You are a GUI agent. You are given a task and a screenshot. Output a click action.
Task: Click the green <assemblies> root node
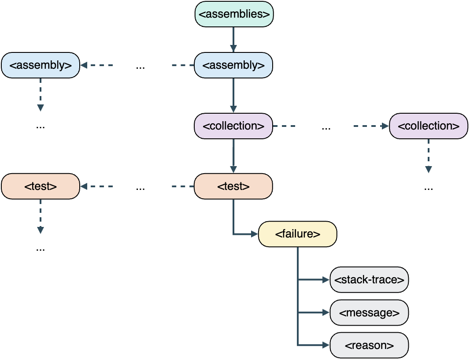click(234, 14)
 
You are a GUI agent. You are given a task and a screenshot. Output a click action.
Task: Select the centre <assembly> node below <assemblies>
click(233, 65)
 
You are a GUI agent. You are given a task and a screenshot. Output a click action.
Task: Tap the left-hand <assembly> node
click(40, 65)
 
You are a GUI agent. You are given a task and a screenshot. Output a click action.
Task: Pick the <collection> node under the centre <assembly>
click(233, 126)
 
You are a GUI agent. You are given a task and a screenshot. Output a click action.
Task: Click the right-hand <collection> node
click(428, 126)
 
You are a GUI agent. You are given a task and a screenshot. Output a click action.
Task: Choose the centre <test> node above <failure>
click(233, 186)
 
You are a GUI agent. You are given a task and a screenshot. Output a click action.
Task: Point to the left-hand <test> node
click(40, 186)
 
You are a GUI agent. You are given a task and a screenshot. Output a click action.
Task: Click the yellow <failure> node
click(297, 234)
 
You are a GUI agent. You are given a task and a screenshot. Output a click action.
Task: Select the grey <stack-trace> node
click(369, 279)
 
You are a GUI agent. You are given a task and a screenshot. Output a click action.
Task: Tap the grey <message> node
click(369, 313)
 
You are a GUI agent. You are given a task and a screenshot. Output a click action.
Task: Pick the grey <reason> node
click(369, 345)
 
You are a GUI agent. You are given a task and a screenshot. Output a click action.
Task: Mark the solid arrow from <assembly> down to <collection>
click(233, 95)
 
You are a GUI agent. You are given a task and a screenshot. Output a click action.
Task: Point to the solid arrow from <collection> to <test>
click(233, 156)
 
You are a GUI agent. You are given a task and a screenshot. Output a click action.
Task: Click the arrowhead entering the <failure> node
click(254, 234)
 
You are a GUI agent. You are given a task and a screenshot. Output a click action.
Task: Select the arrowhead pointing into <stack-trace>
click(326, 279)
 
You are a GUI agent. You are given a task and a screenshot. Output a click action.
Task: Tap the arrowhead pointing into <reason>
click(326, 345)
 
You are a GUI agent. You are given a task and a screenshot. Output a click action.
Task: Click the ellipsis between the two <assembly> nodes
click(141, 67)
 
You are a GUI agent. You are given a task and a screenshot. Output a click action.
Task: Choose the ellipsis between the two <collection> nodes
click(326, 128)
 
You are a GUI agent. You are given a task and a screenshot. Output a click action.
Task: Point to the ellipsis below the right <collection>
click(428, 188)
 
